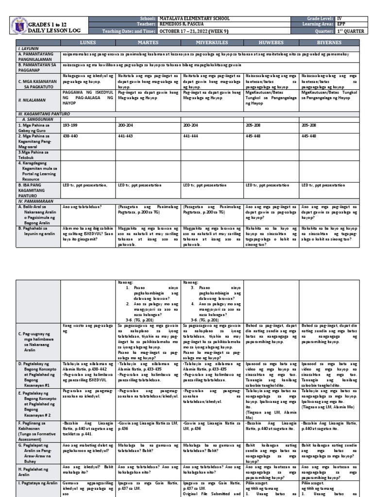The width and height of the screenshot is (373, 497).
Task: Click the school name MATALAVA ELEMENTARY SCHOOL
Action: (x=194, y=18)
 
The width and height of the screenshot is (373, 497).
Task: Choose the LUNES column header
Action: (x=88, y=43)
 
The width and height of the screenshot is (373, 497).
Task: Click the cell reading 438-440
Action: (x=70, y=136)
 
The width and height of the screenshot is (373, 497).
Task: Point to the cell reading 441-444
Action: (x=191, y=136)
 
